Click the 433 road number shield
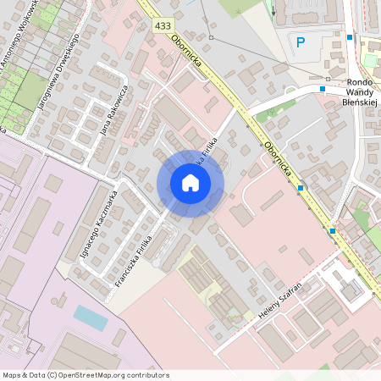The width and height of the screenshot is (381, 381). click(163, 26)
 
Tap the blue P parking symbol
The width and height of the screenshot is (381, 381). click(299, 42)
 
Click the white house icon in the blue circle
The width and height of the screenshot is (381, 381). click(190, 183)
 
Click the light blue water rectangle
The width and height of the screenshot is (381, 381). click(90, 317)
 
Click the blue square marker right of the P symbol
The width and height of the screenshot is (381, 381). click(349, 37)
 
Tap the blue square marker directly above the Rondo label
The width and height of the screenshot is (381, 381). click(323, 88)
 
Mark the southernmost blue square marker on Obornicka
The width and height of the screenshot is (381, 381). click(332, 230)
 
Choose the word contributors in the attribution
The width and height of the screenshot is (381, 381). click(146, 375)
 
